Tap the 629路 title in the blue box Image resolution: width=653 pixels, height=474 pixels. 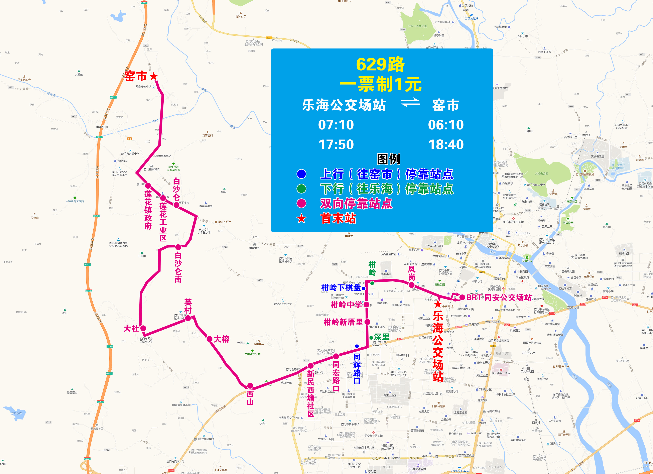click(380, 65)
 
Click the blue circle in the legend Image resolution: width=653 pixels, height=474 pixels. click(301, 174)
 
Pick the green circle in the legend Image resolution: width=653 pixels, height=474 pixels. click(301, 189)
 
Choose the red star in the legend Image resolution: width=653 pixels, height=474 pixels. click(301, 219)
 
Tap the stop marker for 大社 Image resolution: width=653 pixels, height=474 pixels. click(143, 328)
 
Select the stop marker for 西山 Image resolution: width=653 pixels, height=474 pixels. click(250, 386)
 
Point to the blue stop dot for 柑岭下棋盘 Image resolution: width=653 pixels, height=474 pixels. click(364, 288)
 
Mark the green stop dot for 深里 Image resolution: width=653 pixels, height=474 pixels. click(371, 338)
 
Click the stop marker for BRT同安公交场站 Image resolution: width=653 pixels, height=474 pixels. click(462, 297)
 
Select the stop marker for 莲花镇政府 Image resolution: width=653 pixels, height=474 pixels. click(148, 186)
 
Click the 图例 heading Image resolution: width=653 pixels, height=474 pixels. click(388, 159)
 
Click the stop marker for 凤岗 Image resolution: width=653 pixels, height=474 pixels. click(412, 285)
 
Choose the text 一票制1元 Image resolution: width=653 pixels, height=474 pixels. click(380, 84)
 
